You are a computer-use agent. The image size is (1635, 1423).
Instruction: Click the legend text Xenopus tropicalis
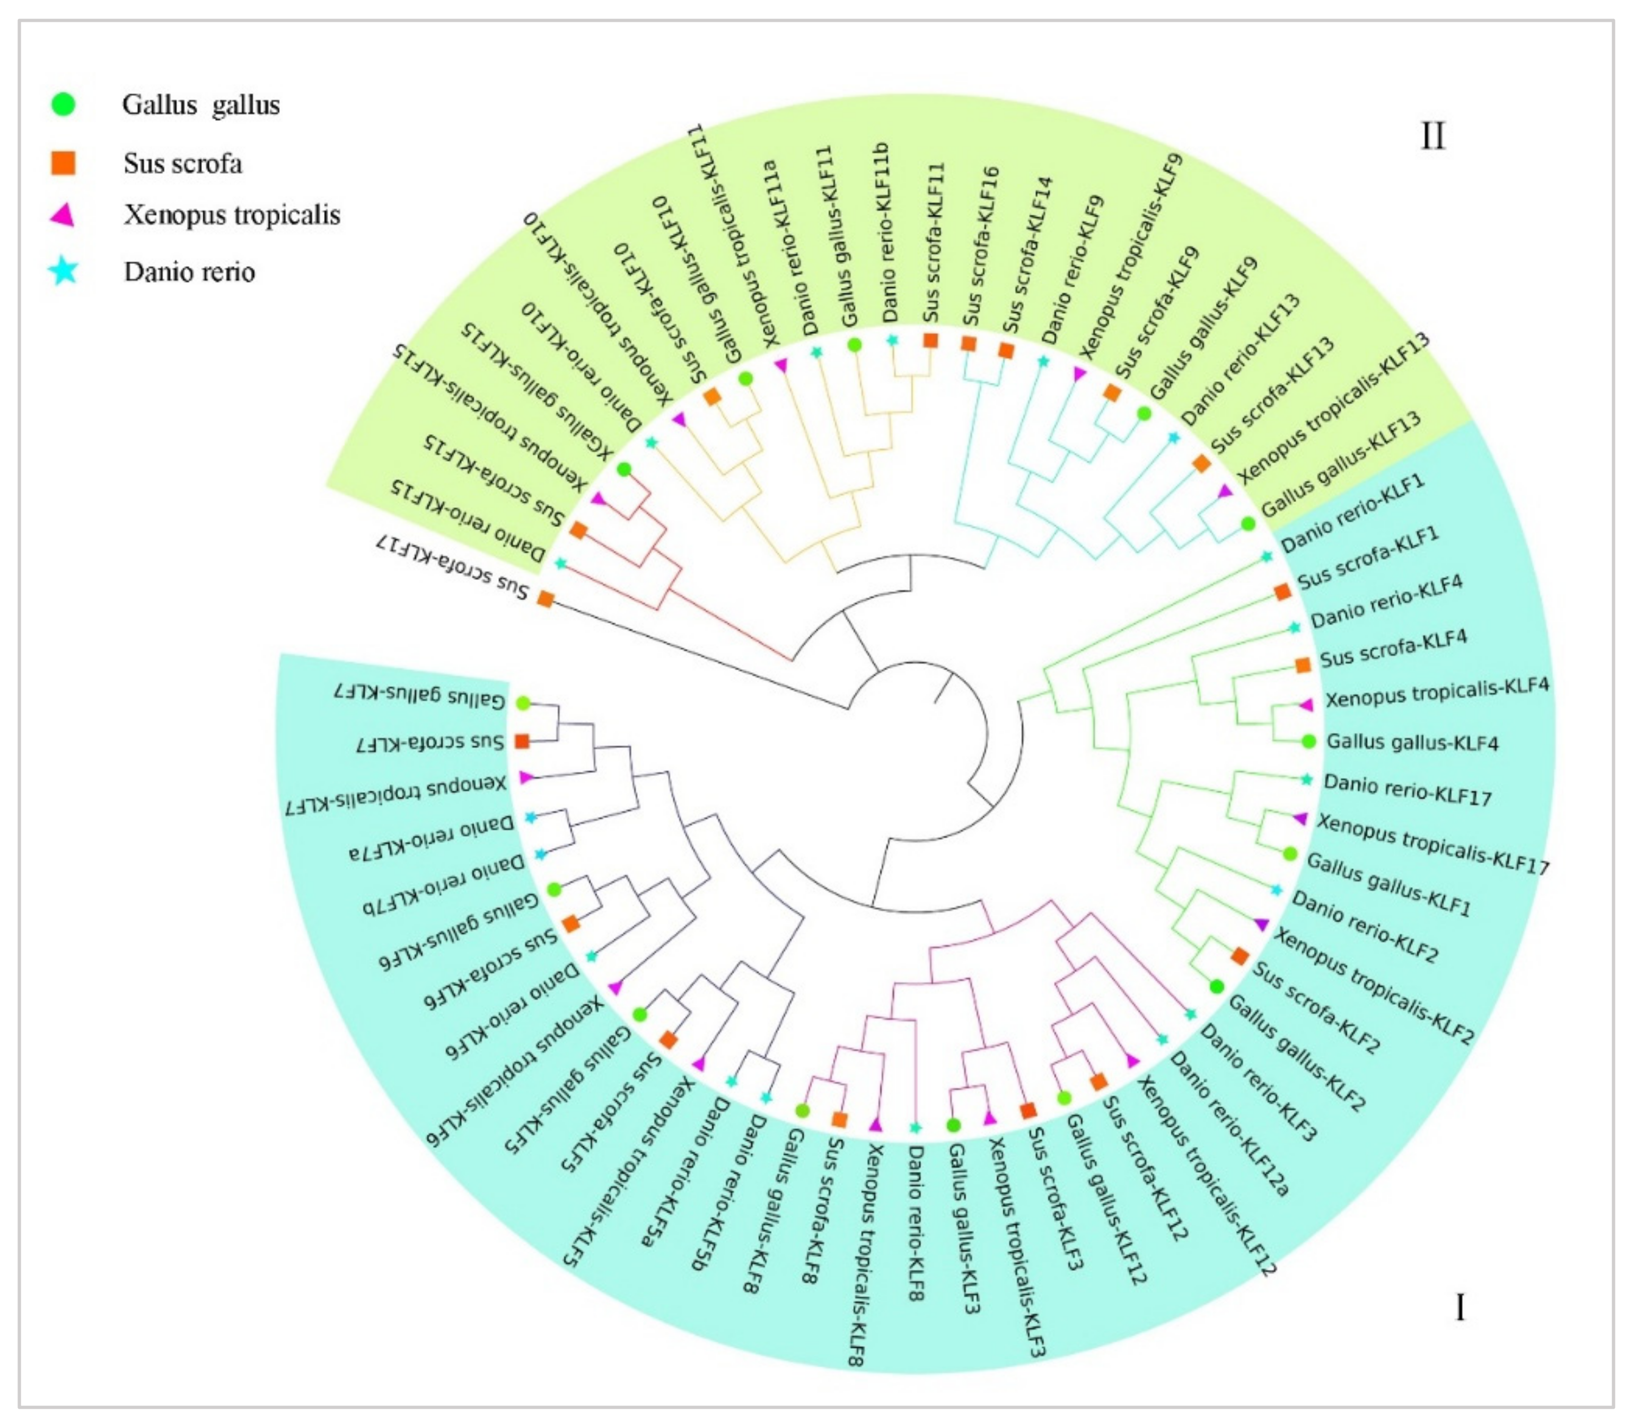232,214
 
